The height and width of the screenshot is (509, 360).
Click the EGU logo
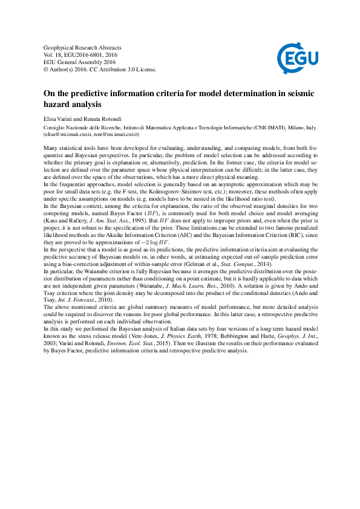[299, 58]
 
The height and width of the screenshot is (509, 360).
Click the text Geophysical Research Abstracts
[83, 47]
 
